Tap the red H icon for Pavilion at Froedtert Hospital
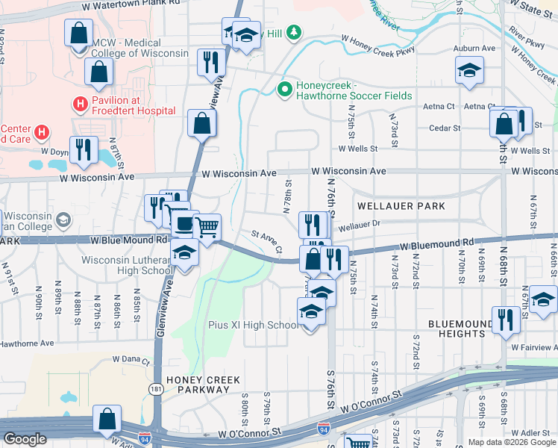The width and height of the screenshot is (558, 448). tap(80, 104)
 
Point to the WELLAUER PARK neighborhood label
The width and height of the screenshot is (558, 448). tap(401, 206)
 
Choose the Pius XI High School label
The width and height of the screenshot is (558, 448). tap(253, 326)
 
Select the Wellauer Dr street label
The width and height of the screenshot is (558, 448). tap(359, 223)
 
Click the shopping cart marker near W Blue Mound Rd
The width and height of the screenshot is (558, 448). tap(207, 225)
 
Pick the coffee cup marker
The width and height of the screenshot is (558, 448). tap(183, 222)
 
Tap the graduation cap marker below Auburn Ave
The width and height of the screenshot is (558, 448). tap(468, 71)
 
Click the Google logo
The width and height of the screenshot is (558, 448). tap(25, 439)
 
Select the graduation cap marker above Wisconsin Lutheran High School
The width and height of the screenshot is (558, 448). tap(184, 253)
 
